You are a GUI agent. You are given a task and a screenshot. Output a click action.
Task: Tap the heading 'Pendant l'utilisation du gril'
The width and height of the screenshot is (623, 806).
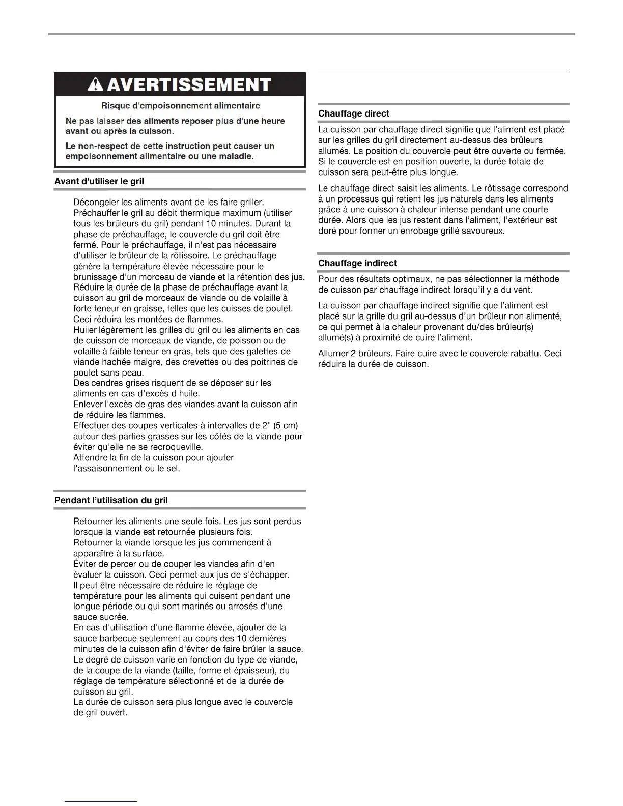point(111,500)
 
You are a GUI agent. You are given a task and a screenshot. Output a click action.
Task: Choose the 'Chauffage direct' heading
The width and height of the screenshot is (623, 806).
point(353,113)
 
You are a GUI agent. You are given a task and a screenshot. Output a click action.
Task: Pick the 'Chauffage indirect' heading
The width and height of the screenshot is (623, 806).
point(357,263)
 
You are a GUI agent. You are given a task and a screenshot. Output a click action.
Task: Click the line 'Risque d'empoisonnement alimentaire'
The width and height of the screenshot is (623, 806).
point(180,106)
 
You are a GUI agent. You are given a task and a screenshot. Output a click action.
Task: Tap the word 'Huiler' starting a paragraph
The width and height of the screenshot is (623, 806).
point(87,330)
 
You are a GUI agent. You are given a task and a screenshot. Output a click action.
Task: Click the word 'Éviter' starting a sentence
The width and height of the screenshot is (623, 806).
point(85,564)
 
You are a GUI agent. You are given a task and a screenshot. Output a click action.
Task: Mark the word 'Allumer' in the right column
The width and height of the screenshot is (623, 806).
point(333,354)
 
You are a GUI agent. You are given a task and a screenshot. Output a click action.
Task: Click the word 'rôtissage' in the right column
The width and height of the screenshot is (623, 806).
point(511,188)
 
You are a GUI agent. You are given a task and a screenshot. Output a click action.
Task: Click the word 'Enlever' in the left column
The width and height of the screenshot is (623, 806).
point(88,404)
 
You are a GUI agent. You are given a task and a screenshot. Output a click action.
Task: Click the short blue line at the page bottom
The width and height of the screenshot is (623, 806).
point(101,801)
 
